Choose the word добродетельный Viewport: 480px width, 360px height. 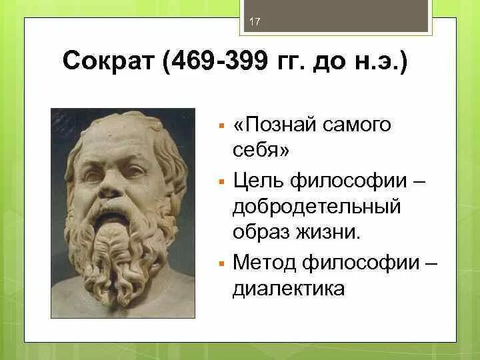pos(317,207)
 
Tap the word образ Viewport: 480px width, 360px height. pos(260,233)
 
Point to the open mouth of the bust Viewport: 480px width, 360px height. pos(115,215)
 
